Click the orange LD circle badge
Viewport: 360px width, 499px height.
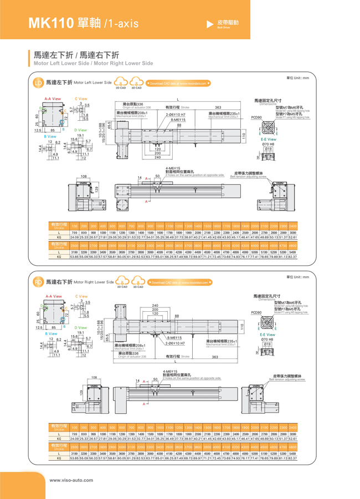click(38, 83)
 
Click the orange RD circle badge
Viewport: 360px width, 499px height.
click(38, 282)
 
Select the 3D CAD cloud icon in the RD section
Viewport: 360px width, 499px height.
click(138, 282)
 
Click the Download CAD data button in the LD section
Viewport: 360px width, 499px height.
click(179, 83)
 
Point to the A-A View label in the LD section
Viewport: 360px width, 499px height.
click(53, 99)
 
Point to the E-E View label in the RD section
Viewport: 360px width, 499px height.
click(268, 335)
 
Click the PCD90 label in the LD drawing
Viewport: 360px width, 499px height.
click(256, 117)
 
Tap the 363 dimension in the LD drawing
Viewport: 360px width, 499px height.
click(218, 108)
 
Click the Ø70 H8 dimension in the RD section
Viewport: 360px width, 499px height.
click(268, 341)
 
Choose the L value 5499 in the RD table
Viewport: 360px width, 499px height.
click(292, 452)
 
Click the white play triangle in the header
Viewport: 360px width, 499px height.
click(209, 24)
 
